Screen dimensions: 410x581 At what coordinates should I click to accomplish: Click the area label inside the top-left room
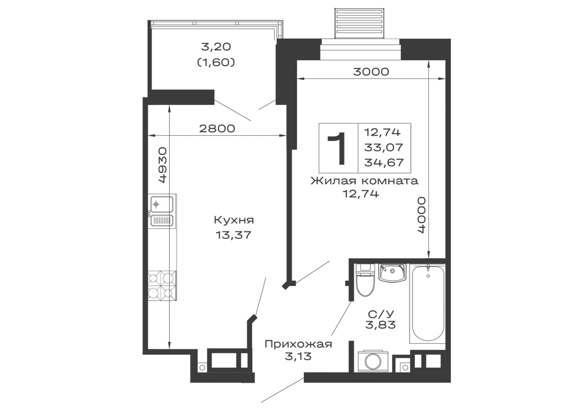pyautogui.click(x=216, y=55)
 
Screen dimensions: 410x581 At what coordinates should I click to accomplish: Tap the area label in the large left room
pyautogui.click(x=234, y=227)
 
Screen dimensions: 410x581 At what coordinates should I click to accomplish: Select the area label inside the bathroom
pyautogui.click(x=381, y=318)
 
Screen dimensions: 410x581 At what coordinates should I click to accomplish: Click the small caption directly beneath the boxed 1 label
pyautogui.click(x=361, y=193)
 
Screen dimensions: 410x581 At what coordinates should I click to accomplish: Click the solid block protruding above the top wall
pyautogui.click(x=357, y=21)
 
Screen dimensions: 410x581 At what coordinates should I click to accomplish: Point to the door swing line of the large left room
pyautogui.click(x=259, y=296)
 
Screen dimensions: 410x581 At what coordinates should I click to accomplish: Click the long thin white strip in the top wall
pyautogui.click(x=360, y=53)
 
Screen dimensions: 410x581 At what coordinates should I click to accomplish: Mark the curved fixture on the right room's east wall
pyautogui.click(x=420, y=215)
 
